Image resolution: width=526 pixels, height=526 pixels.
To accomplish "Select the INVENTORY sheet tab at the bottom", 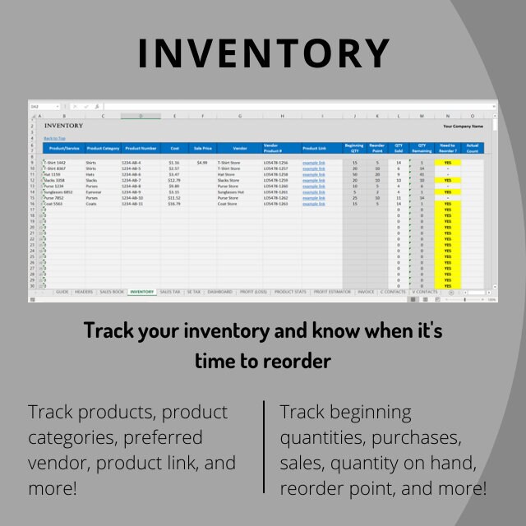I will tap(142, 292).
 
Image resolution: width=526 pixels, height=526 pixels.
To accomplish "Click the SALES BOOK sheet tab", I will tap(112, 292).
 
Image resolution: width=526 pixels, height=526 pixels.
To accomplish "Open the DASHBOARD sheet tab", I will tap(219, 292).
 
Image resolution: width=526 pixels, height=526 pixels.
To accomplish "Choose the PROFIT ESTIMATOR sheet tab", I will tap(331, 292).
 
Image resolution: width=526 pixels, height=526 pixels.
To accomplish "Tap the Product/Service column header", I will tap(63, 149).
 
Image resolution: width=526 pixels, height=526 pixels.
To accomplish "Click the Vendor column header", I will tap(240, 149).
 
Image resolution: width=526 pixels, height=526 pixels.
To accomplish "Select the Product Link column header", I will tap(314, 149).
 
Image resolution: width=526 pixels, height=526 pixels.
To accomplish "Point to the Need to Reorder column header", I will tap(447, 149).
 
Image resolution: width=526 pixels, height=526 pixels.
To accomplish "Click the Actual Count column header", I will tap(473, 149).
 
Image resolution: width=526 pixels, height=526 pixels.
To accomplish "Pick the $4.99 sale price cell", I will tap(202, 163).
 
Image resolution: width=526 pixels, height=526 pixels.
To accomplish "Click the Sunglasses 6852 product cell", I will tap(60, 192).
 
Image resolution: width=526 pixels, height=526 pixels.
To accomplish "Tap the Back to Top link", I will tap(54, 138).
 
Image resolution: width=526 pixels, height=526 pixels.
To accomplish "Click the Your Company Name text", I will tap(464, 126).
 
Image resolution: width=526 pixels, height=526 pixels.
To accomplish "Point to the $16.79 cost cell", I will tap(174, 204).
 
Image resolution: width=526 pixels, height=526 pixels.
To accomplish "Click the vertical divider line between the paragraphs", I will tap(264, 450).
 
